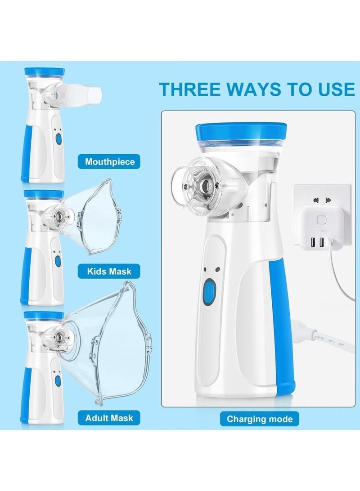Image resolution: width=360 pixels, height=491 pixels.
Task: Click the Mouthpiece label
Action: (109, 162)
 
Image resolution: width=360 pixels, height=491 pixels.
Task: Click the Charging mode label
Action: (259, 420)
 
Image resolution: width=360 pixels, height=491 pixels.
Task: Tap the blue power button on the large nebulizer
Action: (208, 293)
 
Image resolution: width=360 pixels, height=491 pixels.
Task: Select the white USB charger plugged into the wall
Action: (320, 226)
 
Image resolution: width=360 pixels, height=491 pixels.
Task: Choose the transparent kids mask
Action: (93, 218)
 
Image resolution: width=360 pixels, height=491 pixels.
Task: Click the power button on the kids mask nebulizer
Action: (57, 260)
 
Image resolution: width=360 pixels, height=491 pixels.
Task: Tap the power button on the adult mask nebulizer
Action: (57, 381)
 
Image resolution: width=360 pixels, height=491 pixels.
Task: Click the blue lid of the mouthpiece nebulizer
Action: (44, 71)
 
